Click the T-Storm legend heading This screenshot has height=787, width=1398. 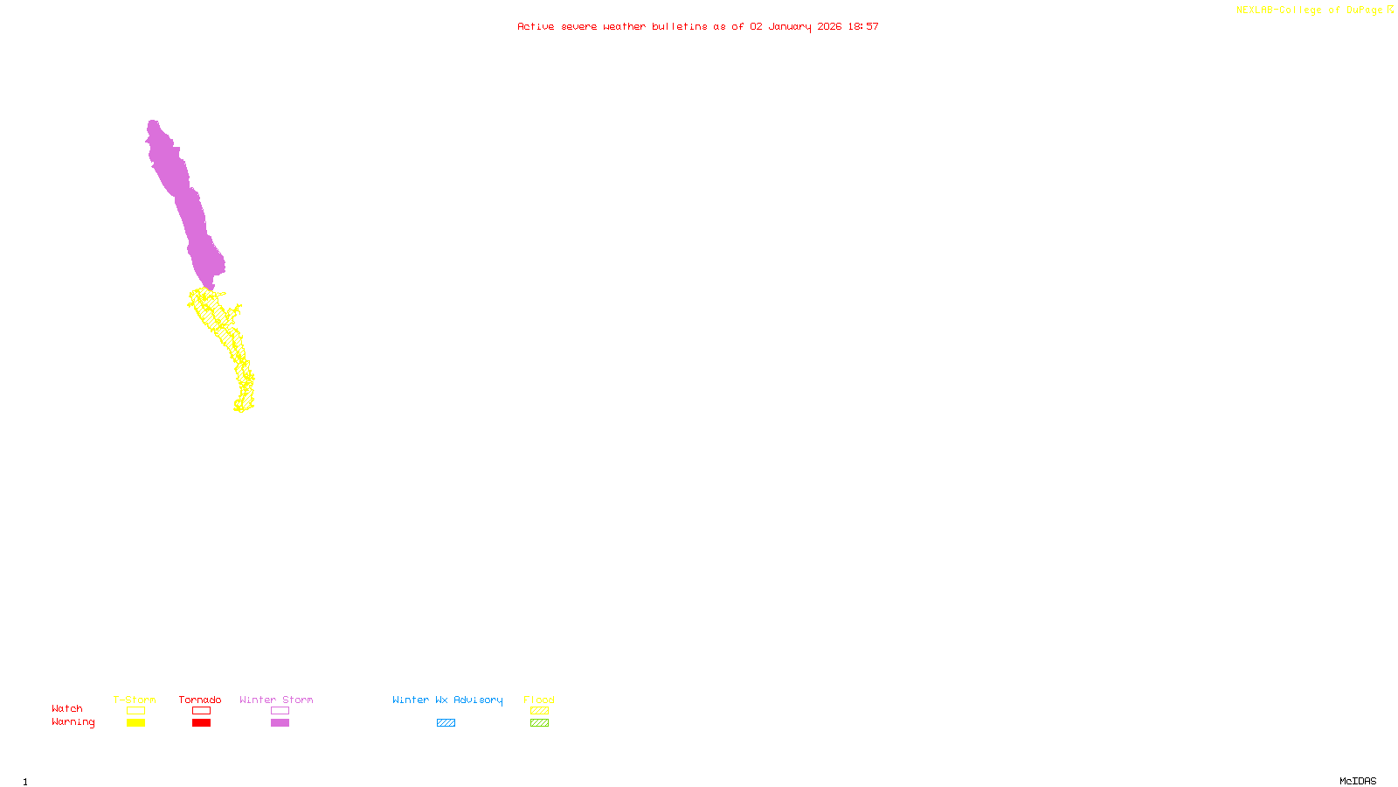point(135,700)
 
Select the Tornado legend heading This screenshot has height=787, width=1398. point(200,700)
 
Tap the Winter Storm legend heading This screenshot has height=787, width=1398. point(276,700)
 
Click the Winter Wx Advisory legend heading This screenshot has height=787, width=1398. point(447,700)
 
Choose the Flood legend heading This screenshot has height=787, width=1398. point(539,700)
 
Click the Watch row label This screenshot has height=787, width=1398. point(67,708)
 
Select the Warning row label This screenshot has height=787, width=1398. point(73,722)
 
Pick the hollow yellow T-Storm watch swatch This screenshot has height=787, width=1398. point(135,711)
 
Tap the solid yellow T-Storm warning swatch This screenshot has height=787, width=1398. point(135,723)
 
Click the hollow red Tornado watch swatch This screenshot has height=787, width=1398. point(201,711)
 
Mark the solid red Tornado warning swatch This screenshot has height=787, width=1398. point(201,723)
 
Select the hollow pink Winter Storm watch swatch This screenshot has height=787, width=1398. point(280,711)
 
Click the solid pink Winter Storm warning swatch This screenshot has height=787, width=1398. point(280,723)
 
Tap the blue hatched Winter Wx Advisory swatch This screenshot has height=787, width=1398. point(446,723)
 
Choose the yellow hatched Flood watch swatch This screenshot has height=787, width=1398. point(539,711)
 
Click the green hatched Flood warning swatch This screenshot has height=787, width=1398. point(539,723)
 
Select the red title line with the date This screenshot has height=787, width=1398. point(697,26)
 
